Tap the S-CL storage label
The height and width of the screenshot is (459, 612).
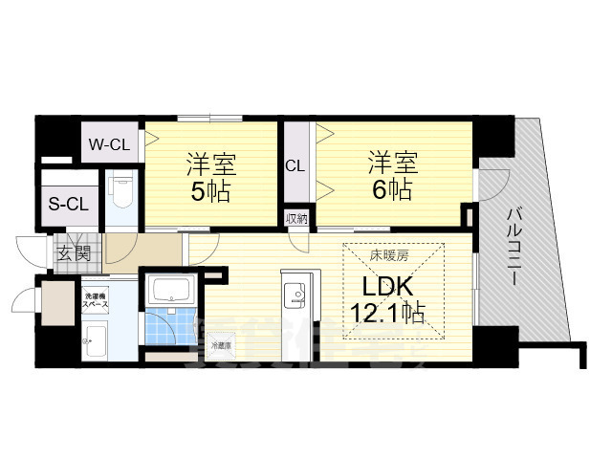tap(68, 204)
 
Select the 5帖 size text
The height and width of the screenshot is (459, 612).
tap(209, 190)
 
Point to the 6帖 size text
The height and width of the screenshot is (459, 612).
tap(391, 189)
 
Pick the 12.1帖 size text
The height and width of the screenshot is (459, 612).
tap(387, 313)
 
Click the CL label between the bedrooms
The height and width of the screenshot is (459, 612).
tap(295, 165)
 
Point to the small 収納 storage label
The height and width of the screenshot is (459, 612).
tap(295, 218)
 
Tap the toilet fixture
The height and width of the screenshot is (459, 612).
tap(121, 191)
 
